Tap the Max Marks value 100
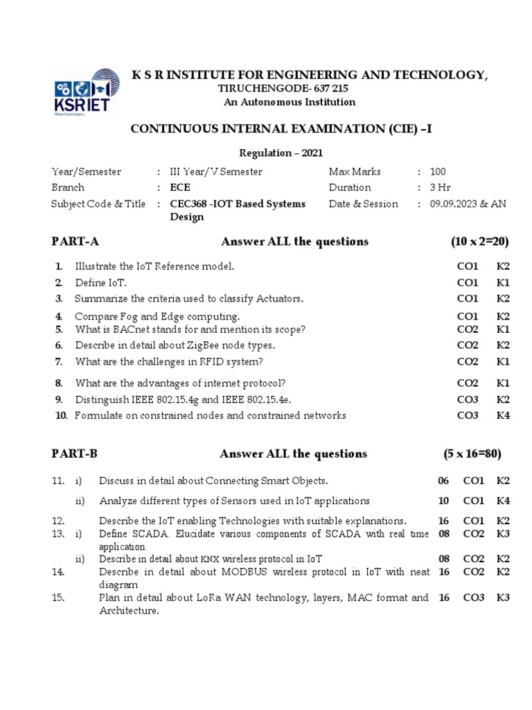click(x=438, y=171)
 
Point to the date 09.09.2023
click(x=454, y=204)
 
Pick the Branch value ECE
click(x=180, y=187)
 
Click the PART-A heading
click(x=76, y=241)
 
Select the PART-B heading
click(x=75, y=453)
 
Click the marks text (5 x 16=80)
click(x=472, y=453)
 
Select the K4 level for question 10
click(x=503, y=415)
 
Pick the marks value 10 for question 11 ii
click(x=443, y=501)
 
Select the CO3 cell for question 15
click(x=474, y=597)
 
